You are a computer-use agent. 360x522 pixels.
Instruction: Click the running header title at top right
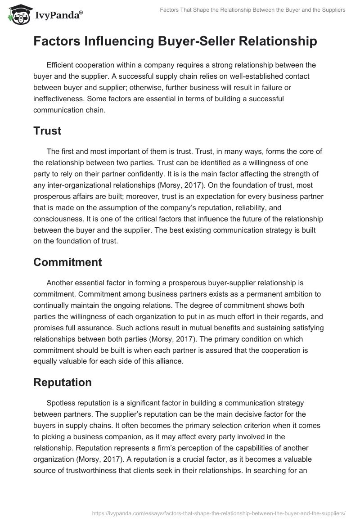coord(252,10)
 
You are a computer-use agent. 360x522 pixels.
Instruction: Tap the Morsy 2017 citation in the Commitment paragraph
coord(178,339)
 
